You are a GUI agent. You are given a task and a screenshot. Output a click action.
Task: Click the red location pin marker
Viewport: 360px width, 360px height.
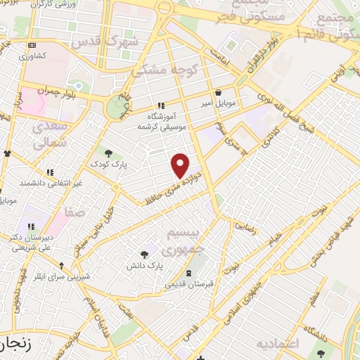pyautogui.click(x=181, y=165)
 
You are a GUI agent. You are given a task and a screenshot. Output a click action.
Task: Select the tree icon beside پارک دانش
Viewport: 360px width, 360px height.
pyautogui.click(x=145, y=255)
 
